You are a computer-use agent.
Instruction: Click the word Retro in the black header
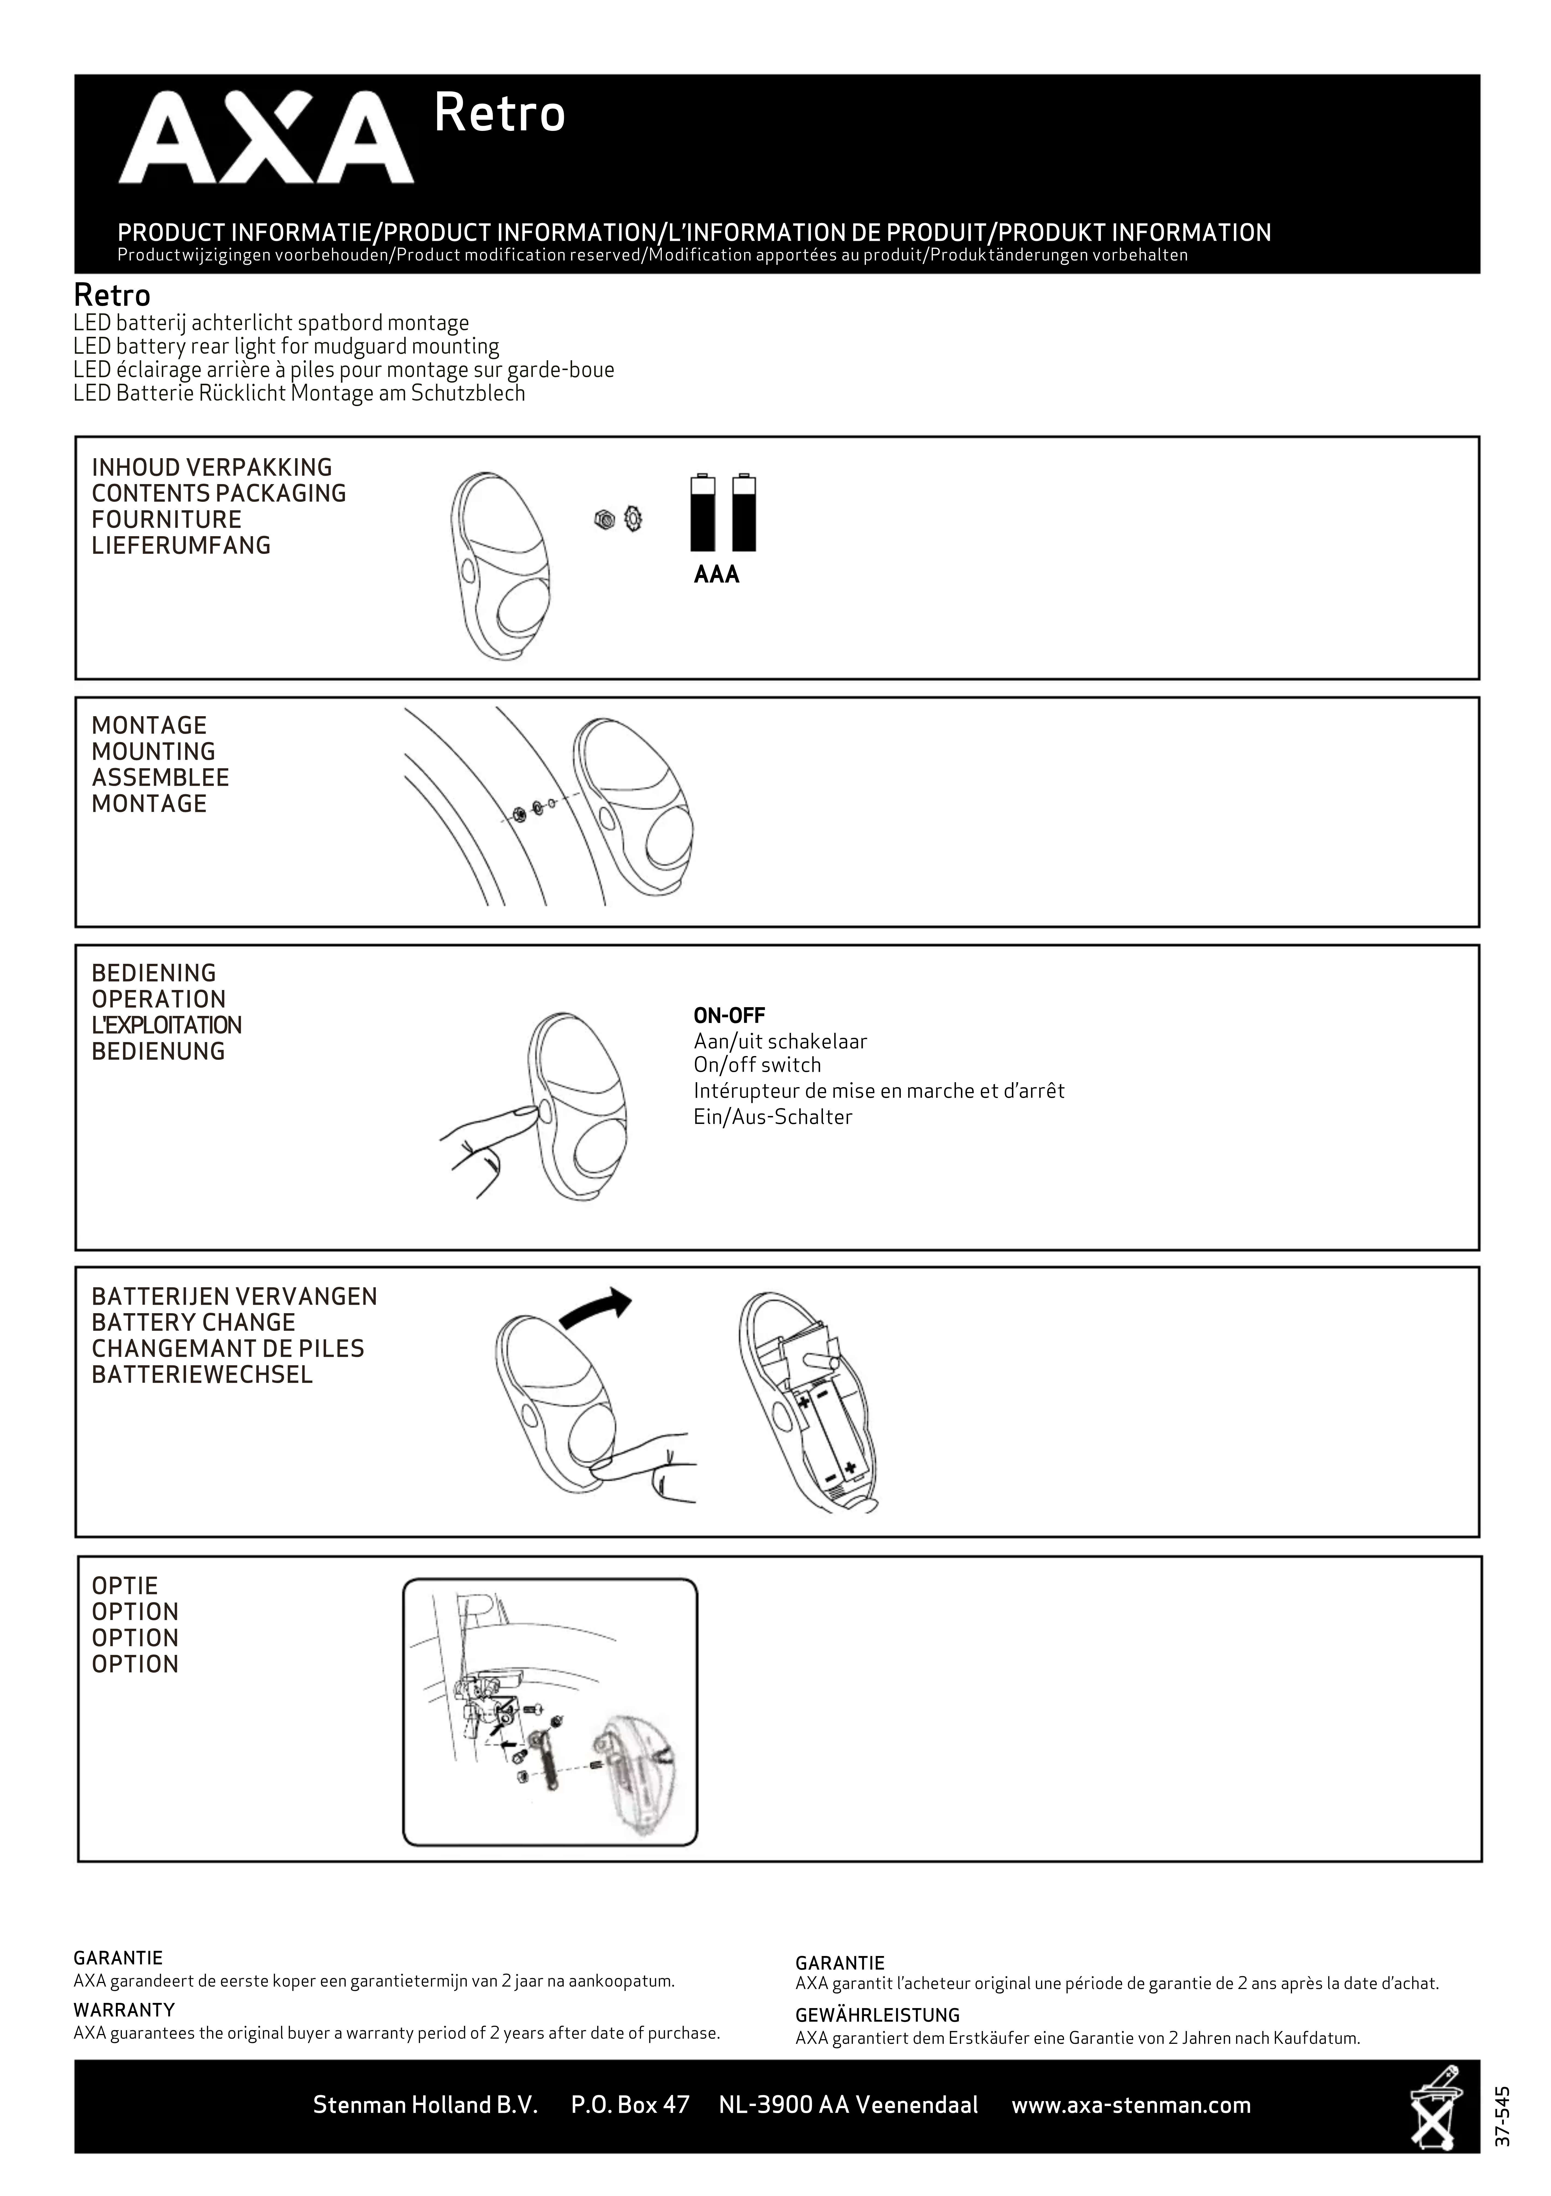point(499,114)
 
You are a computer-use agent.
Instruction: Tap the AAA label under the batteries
point(716,575)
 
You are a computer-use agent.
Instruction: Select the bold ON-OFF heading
point(729,1016)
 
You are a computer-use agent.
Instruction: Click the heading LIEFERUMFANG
point(181,546)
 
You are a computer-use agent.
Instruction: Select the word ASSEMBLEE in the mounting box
point(160,778)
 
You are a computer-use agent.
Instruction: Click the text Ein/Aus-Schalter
point(773,1117)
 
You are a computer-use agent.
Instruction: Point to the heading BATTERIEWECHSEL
point(202,1375)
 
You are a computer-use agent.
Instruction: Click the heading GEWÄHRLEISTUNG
point(877,2015)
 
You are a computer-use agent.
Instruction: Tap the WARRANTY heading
point(123,2009)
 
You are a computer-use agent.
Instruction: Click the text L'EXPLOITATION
point(166,1025)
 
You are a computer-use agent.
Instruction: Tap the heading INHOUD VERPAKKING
point(211,468)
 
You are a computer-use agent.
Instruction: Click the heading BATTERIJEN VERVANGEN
point(234,1297)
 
